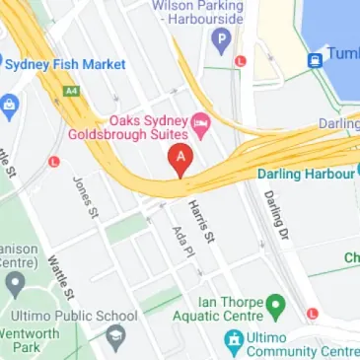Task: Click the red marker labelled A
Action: (180, 159)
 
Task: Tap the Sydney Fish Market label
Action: (67, 65)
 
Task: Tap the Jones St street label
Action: (87, 196)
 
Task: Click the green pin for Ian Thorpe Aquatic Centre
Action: (276, 304)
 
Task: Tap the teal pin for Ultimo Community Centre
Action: (233, 342)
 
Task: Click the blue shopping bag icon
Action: (10, 103)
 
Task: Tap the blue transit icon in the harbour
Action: (316, 59)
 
